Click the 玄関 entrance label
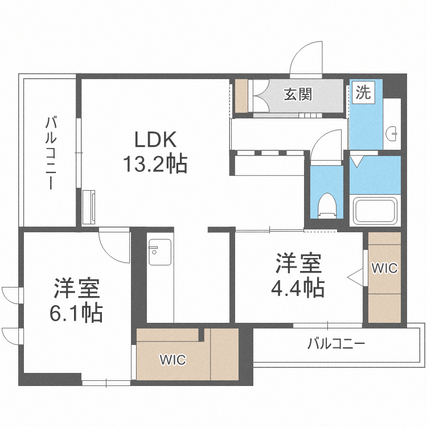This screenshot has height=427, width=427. pos(298,94)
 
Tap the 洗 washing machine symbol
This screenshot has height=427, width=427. pos(363,93)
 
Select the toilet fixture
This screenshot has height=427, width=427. pos(327,206)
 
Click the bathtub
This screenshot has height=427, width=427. pos(375,210)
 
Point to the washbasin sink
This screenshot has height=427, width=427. pos(392,134)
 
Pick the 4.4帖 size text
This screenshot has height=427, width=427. pos(298,288)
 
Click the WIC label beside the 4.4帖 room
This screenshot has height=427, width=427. pos(384,268)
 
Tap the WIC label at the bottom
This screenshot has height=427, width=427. pos(173,359)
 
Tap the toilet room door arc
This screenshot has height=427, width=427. pos(327,142)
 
